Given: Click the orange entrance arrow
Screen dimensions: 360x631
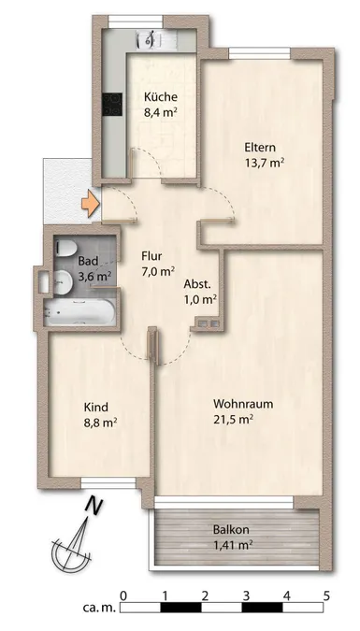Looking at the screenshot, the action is pos(91,205).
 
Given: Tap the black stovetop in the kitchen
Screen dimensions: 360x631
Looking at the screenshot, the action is pos(112,104).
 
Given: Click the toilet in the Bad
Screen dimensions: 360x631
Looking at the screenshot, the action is pos(65,248).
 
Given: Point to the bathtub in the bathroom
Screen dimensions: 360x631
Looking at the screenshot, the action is pos(79,312).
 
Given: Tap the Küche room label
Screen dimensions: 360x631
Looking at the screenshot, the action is pos(161,96).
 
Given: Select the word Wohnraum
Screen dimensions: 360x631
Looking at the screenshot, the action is pos(243,404).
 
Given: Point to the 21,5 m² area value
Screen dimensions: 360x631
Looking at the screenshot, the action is pos(234,420).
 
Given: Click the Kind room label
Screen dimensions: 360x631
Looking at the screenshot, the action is pos(95,408).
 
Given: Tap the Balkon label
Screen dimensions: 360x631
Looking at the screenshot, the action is pos(231,530).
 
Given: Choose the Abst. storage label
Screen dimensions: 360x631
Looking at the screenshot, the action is pos(197,283).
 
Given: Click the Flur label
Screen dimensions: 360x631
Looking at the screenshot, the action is pos(151,256).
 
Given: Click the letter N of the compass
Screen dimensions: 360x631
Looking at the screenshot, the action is pos(95,507).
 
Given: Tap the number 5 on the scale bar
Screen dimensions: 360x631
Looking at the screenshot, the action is pos(326,595).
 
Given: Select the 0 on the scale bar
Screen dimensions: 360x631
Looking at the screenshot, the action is pos(124,595).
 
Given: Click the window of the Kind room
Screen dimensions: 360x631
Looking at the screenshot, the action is pos(108,483).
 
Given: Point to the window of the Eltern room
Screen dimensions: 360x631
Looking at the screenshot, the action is pos(259,53).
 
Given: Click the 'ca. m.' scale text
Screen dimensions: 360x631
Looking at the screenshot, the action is pos(99,608).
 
